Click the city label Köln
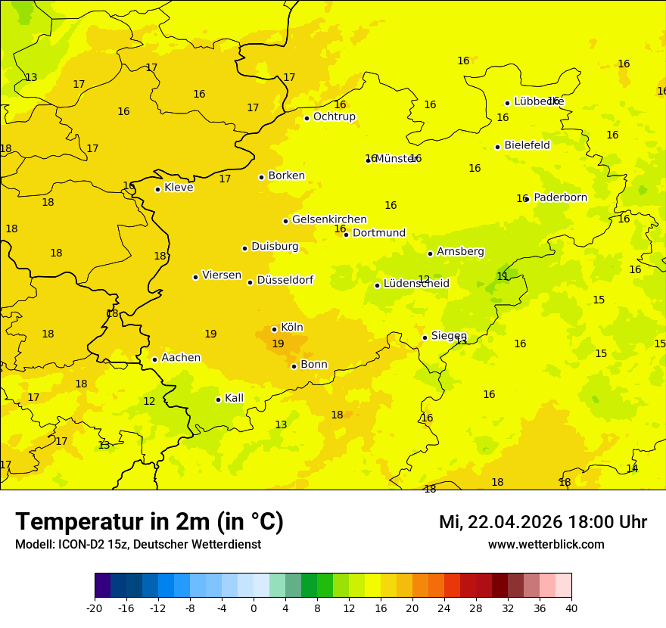click(x=291, y=328)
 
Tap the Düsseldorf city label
click(x=285, y=280)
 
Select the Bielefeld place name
click(x=527, y=145)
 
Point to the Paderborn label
click(x=560, y=197)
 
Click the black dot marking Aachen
click(x=154, y=359)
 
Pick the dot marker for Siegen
click(x=425, y=337)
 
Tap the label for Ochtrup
click(x=334, y=117)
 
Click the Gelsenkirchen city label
click(x=329, y=219)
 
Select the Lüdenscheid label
click(x=416, y=284)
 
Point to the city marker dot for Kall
click(x=218, y=399)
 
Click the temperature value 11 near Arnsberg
click(x=503, y=277)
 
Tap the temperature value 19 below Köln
click(x=278, y=344)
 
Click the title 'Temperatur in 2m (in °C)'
click(x=149, y=522)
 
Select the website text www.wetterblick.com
click(x=546, y=545)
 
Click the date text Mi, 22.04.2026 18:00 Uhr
click(x=543, y=522)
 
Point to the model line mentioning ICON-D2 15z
click(x=138, y=545)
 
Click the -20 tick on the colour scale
click(x=95, y=608)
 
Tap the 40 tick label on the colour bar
click(x=571, y=608)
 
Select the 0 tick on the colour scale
click(x=254, y=608)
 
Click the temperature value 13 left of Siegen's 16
click(x=461, y=341)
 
